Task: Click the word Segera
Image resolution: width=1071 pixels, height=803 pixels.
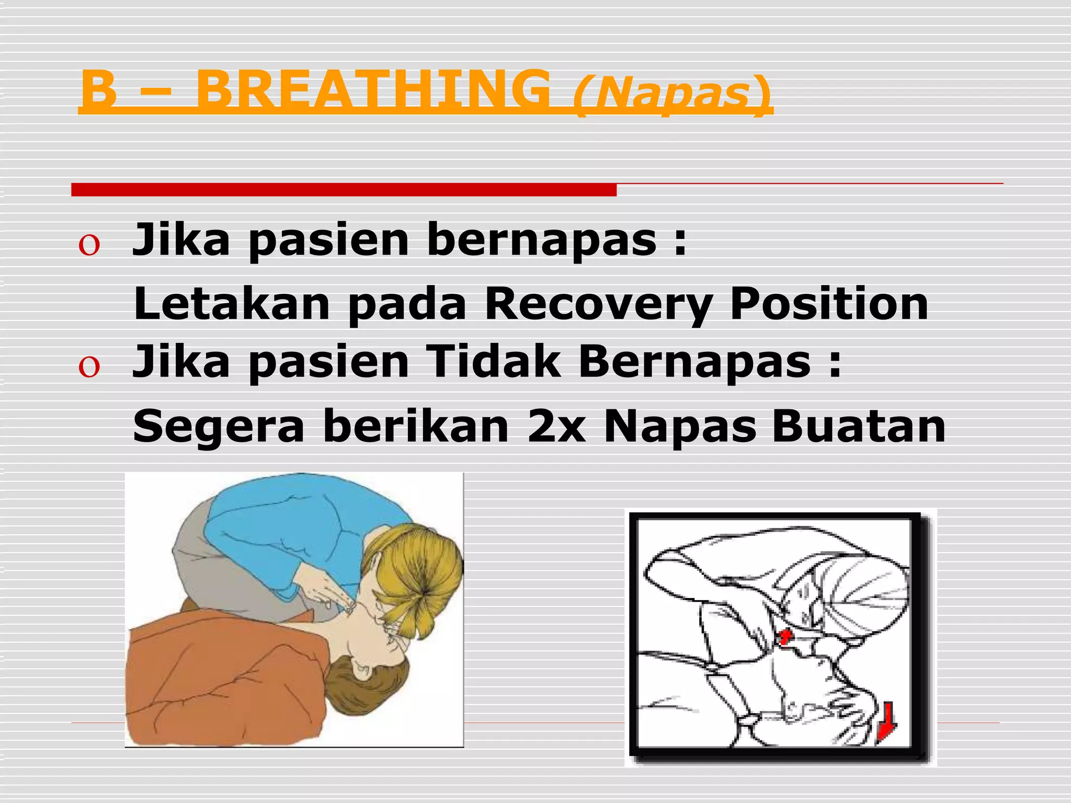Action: coord(219,427)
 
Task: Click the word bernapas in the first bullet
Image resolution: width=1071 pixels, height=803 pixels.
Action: coord(541,240)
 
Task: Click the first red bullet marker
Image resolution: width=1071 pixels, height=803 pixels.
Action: coord(89,246)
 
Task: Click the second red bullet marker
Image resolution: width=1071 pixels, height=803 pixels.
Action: coord(89,368)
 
